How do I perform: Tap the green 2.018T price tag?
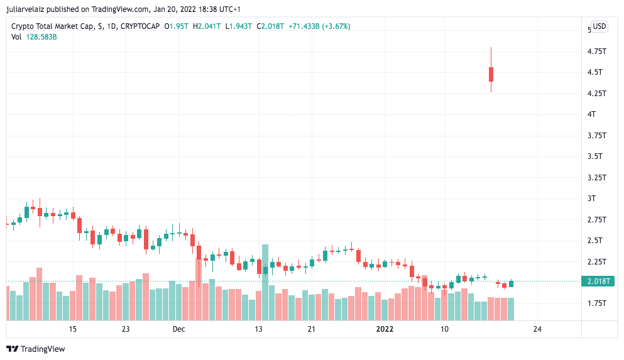pos(598,281)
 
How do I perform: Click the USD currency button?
pos(599,26)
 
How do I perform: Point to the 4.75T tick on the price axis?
pos(597,52)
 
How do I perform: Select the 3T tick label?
pos(592,198)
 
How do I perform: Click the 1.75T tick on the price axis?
pos(597,303)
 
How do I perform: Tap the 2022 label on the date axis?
pos(385,329)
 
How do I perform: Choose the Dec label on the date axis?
pos(178,329)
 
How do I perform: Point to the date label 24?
pos(537,329)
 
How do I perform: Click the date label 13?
pos(259,329)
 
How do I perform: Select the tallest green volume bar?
pos(265,283)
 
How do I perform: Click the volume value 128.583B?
pos(41,37)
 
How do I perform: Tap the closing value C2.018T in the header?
pos(270,26)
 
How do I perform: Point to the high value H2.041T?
pos(207,26)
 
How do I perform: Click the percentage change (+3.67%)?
pos(336,26)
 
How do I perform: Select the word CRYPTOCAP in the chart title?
pos(140,26)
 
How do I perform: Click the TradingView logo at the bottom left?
pos(35,349)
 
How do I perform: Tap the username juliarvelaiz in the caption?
pos(26,9)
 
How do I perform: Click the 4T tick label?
pos(592,114)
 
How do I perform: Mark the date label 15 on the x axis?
pos(72,329)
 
